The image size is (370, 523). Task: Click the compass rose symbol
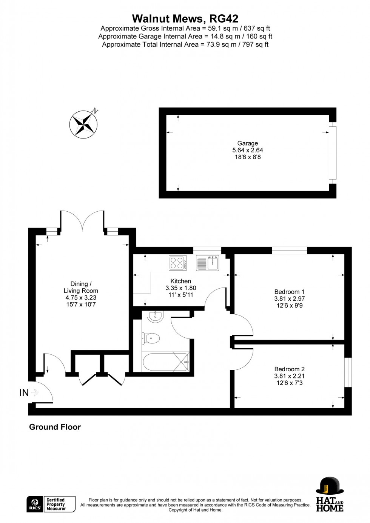[83, 123]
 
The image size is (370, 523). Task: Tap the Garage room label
[248, 143]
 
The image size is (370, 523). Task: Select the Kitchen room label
[181, 281]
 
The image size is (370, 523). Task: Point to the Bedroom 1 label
[289, 292]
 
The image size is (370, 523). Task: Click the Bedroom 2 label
[289, 369]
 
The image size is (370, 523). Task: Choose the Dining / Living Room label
[81, 287]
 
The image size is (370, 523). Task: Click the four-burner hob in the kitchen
[177, 263]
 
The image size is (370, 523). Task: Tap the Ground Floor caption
[55, 427]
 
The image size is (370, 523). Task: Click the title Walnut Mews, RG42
[185, 18]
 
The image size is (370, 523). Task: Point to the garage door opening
[332, 153]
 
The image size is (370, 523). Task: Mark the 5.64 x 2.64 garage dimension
[248, 150]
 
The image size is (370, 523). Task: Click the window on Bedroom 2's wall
[348, 372]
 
